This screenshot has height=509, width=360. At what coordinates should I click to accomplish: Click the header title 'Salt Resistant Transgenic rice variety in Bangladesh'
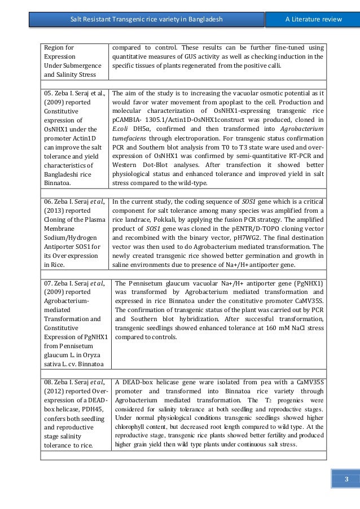[x=146, y=20]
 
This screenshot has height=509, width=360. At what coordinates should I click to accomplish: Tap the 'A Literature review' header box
[x=313, y=20]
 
